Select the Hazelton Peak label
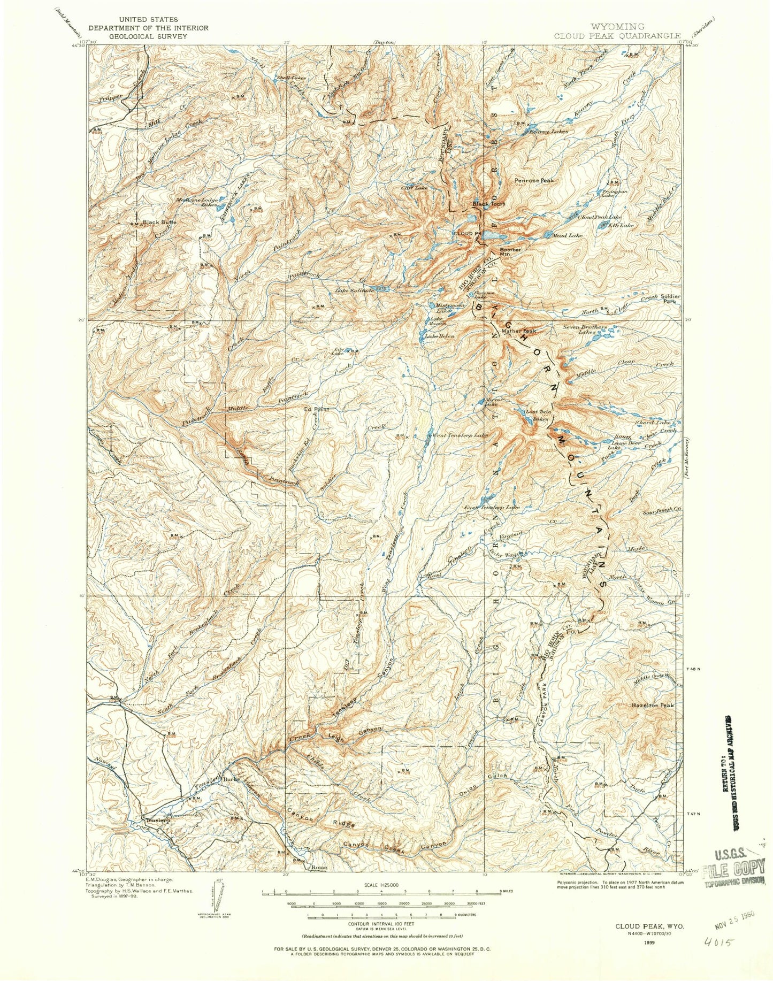[653, 705]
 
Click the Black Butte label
[159, 221]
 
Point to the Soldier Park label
[670, 298]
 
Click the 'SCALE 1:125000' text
[386, 885]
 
